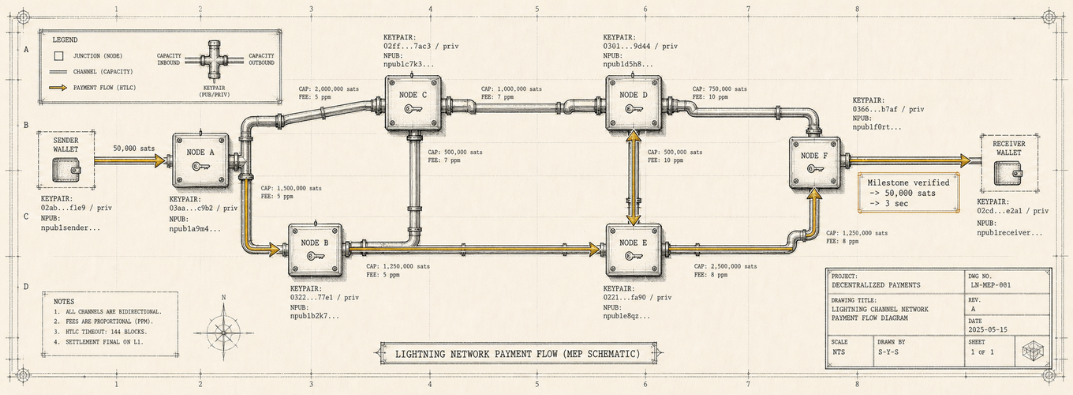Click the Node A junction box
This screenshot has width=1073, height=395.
tap(200, 160)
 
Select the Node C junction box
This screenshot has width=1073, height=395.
tap(413, 103)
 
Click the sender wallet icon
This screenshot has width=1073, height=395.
tap(66, 172)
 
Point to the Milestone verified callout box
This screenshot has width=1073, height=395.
tap(908, 192)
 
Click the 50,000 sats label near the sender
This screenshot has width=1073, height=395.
tap(134, 149)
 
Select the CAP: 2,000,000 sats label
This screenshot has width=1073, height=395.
tap(328, 89)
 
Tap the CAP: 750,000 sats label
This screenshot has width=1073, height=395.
tap(720, 89)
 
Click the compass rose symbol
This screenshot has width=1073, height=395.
tap(224, 331)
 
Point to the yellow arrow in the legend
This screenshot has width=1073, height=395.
tap(58, 88)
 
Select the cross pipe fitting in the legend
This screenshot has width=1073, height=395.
tap(215, 59)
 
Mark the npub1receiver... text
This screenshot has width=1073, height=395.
tap(1010, 233)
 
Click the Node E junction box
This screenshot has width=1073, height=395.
tap(634, 250)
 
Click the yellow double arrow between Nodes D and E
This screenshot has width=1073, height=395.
tap(634, 178)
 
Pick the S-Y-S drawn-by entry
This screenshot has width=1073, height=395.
tap(888, 352)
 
